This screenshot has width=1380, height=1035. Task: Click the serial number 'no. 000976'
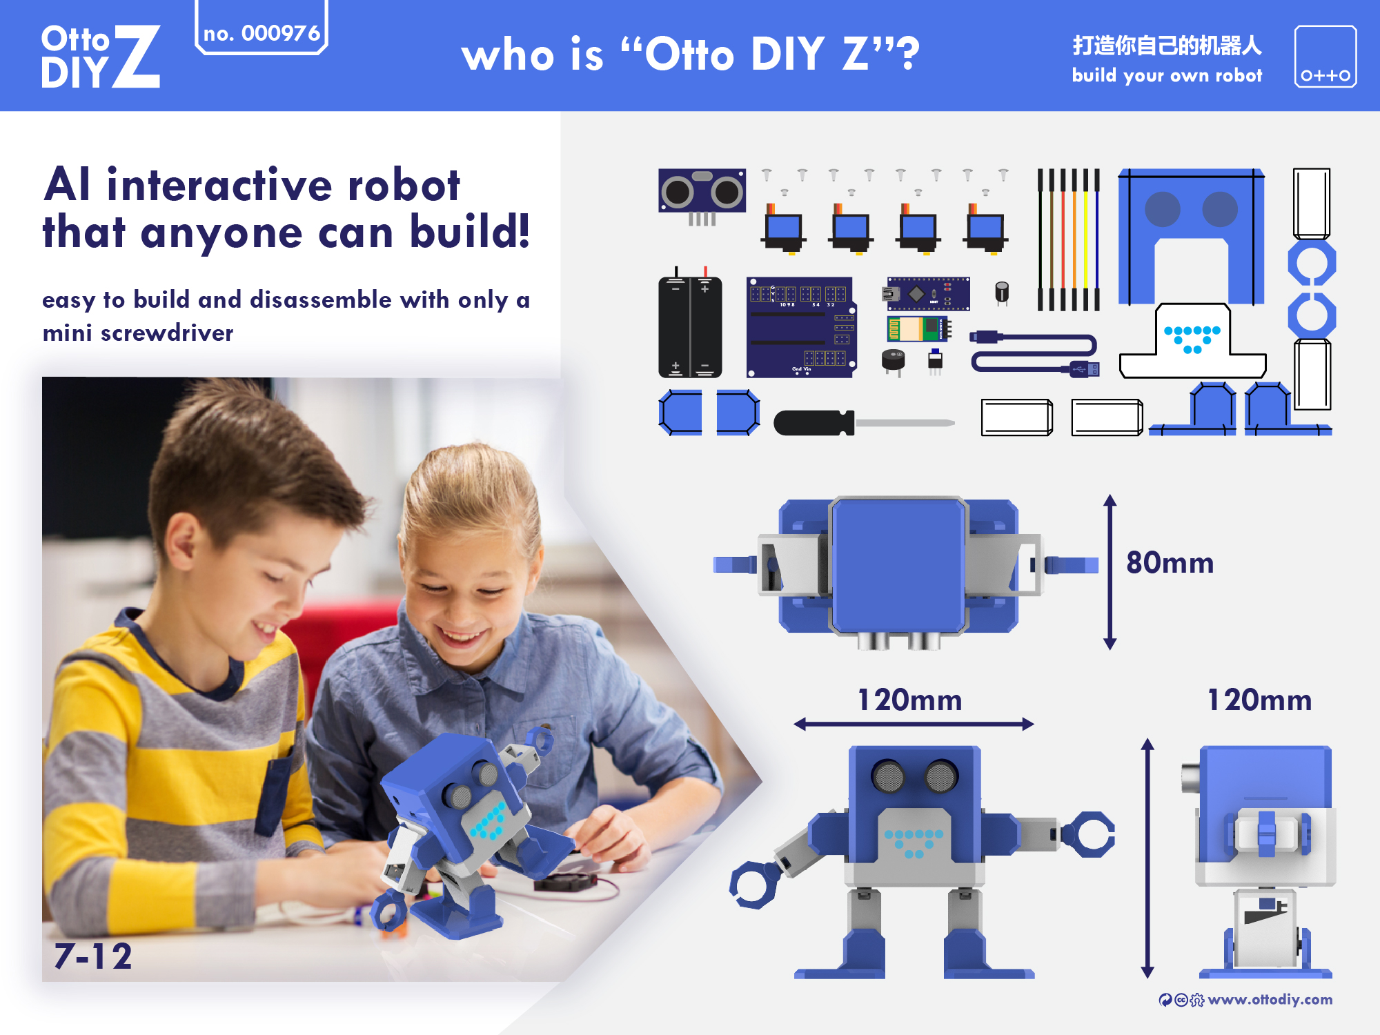click(262, 33)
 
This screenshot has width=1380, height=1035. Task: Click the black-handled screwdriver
click(862, 422)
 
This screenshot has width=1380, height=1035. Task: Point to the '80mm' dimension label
click(1170, 563)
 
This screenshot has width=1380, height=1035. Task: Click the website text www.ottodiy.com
click(1270, 1000)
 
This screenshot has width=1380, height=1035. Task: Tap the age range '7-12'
click(93, 956)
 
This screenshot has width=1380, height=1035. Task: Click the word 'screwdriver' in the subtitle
click(167, 333)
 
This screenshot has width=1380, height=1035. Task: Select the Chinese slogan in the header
click(1167, 46)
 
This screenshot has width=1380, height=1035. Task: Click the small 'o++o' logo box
click(1325, 57)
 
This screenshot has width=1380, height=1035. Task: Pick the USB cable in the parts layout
click(1035, 352)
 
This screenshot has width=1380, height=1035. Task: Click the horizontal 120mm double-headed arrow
click(914, 724)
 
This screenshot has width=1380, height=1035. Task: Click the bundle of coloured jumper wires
click(1068, 239)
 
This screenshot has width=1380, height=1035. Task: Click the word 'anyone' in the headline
click(221, 233)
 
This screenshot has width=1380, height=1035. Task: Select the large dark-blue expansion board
click(800, 327)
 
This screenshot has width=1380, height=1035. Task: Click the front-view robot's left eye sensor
click(888, 776)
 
